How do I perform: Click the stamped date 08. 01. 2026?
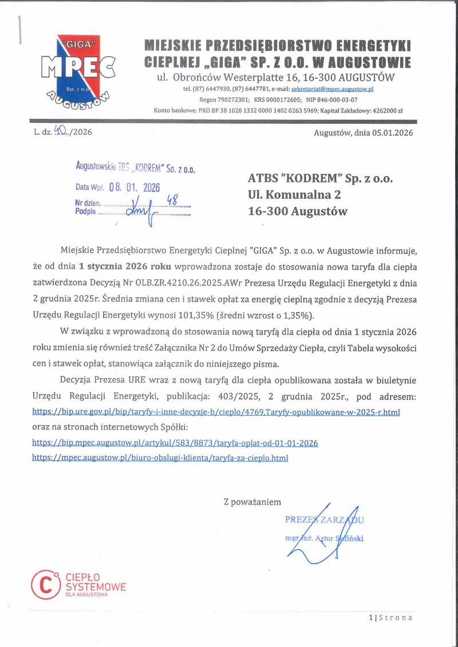pos(135,188)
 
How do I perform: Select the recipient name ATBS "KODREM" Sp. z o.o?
pos(320,179)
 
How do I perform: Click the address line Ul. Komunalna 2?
pos(294,195)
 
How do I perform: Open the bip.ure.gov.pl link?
pos(216,412)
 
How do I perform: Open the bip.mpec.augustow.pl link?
pos(175,443)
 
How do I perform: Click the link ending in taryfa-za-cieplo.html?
pos(160,458)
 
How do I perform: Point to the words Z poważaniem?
pos(252,502)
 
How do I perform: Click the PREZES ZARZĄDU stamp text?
pos(324,520)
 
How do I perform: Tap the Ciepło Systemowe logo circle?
pos(45,584)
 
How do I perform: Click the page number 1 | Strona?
pos(390,618)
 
